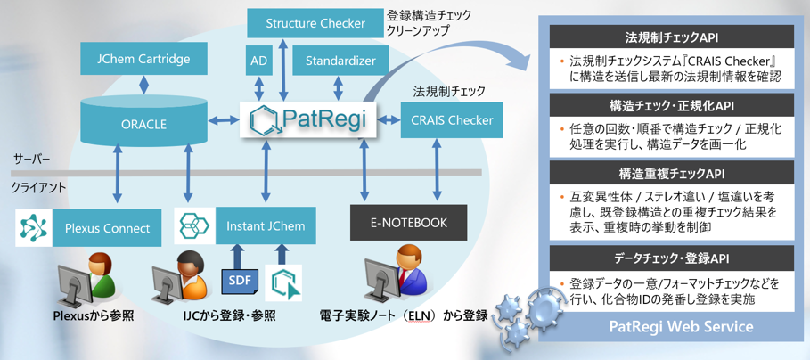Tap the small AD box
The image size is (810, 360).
coord(259,61)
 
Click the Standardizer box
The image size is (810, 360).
coord(334,61)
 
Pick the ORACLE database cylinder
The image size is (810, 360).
coord(143,123)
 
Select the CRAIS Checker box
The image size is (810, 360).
coord(451,120)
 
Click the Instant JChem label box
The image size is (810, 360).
coord(266,225)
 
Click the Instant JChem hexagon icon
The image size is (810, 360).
coord(192,226)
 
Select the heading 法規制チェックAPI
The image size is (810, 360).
coord(672,38)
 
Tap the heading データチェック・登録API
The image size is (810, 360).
coord(672,259)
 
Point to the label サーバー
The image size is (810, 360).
coord(31,159)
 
